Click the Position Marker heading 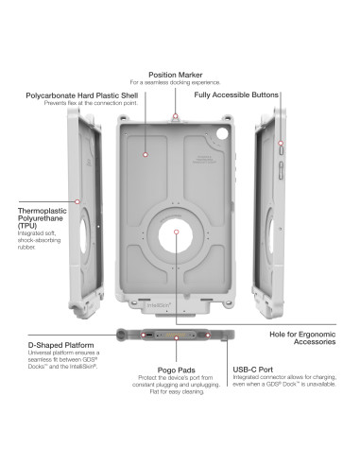(176, 75)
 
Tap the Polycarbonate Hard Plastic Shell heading (82, 95)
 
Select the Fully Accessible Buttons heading (236, 95)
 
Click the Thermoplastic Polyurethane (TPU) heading (43, 218)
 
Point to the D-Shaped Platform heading (60, 345)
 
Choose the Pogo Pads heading (177, 370)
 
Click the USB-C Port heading (253, 370)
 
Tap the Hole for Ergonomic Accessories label (302, 338)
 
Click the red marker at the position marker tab (176, 116)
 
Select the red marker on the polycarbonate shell (146, 155)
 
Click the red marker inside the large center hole (177, 232)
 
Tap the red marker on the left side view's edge (77, 201)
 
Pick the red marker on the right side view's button (281, 144)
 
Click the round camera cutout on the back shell (222, 133)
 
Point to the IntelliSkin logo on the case (159, 305)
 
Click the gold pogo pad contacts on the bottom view (177, 335)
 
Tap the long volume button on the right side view (281, 170)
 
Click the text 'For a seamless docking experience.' (176, 82)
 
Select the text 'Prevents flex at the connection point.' (91, 103)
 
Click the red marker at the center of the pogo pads (177, 338)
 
